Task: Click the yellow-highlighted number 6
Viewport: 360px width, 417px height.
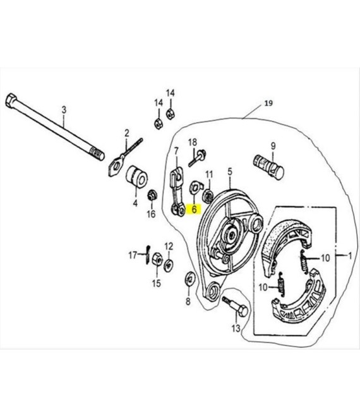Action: point(194,209)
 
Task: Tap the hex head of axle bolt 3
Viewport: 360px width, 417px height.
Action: point(11,100)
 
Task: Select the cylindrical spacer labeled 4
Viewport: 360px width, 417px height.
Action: point(136,177)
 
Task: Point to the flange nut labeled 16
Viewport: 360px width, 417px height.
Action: point(152,195)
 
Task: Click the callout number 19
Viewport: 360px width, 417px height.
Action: point(268,103)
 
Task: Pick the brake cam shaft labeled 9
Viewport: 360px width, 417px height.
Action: point(268,166)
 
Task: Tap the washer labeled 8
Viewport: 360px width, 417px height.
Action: point(189,279)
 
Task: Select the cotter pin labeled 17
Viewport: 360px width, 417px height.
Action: point(148,255)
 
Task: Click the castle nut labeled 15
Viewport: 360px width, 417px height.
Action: point(157,258)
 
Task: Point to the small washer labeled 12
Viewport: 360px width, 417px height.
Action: point(168,265)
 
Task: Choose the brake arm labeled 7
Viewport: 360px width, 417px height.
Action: point(177,191)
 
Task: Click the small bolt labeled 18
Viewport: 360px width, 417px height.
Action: point(198,158)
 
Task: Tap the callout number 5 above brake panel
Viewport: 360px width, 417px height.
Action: point(230,172)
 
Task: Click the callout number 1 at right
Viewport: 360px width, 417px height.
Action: point(350,256)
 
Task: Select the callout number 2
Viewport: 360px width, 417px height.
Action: point(126,133)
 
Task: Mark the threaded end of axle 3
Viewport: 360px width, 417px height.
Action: point(97,155)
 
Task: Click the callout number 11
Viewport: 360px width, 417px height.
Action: point(210,175)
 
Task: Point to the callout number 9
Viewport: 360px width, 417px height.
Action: point(273,146)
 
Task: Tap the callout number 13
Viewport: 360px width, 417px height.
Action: point(236,329)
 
